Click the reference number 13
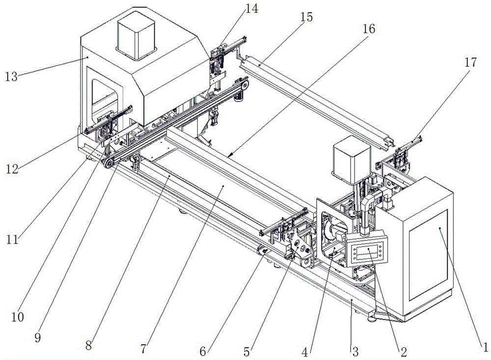tap(11, 77)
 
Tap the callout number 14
tap(251, 9)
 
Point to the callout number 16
tap(369, 29)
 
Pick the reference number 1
tap(485, 347)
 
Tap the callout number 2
tap(404, 352)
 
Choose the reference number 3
tap(355, 352)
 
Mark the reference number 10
tap(18, 317)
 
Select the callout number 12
tap(12, 169)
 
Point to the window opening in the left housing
tap(105, 100)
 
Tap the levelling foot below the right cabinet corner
tap(372, 319)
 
